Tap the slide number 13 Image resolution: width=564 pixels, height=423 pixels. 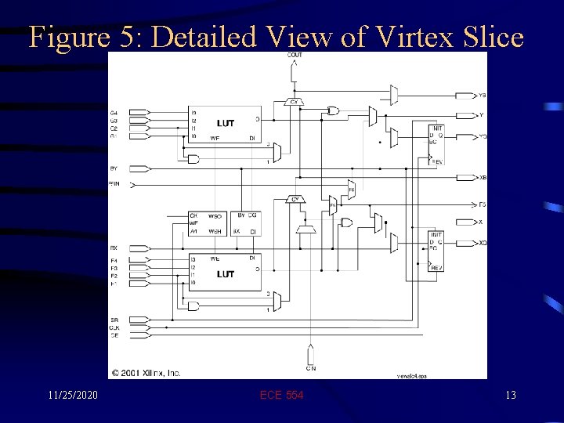click(510, 396)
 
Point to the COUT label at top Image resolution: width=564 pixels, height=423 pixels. click(295, 55)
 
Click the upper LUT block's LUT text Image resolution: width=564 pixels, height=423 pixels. click(226, 124)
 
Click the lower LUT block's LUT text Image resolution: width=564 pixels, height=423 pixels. click(226, 273)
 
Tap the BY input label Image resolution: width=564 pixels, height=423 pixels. click(114, 168)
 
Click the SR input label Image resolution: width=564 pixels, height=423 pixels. click(114, 321)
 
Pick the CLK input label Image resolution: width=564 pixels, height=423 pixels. click(114, 328)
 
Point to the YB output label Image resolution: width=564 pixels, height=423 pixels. click(482, 96)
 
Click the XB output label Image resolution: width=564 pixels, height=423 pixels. click(483, 179)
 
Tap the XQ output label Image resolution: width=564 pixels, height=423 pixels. click(483, 243)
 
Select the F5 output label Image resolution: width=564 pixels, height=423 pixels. click(482, 204)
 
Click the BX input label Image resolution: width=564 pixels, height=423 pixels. click(114, 248)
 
